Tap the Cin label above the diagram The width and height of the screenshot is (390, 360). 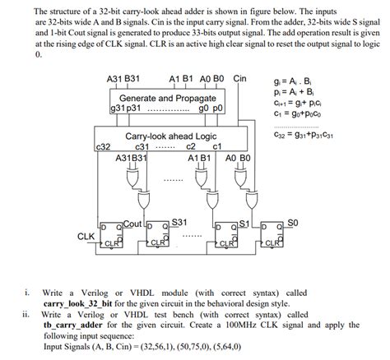pyautogui.click(x=239, y=79)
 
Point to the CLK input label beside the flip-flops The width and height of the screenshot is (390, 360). pyautogui.click(x=86, y=236)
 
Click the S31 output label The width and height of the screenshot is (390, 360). pyautogui.click(x=179, y=222)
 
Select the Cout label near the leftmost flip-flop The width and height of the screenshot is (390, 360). pyautogui.click(x=132, y=223)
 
